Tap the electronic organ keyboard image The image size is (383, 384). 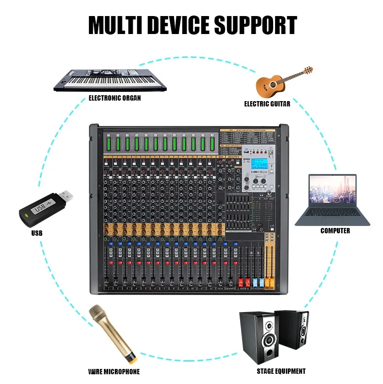click(109, 79)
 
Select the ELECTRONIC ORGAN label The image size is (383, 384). click(115, 98)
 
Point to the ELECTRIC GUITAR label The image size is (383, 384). click(267, 104)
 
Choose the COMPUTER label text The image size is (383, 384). click(335, 231)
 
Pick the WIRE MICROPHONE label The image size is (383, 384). click(114, 372)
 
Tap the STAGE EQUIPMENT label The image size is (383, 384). click(281, 371)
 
